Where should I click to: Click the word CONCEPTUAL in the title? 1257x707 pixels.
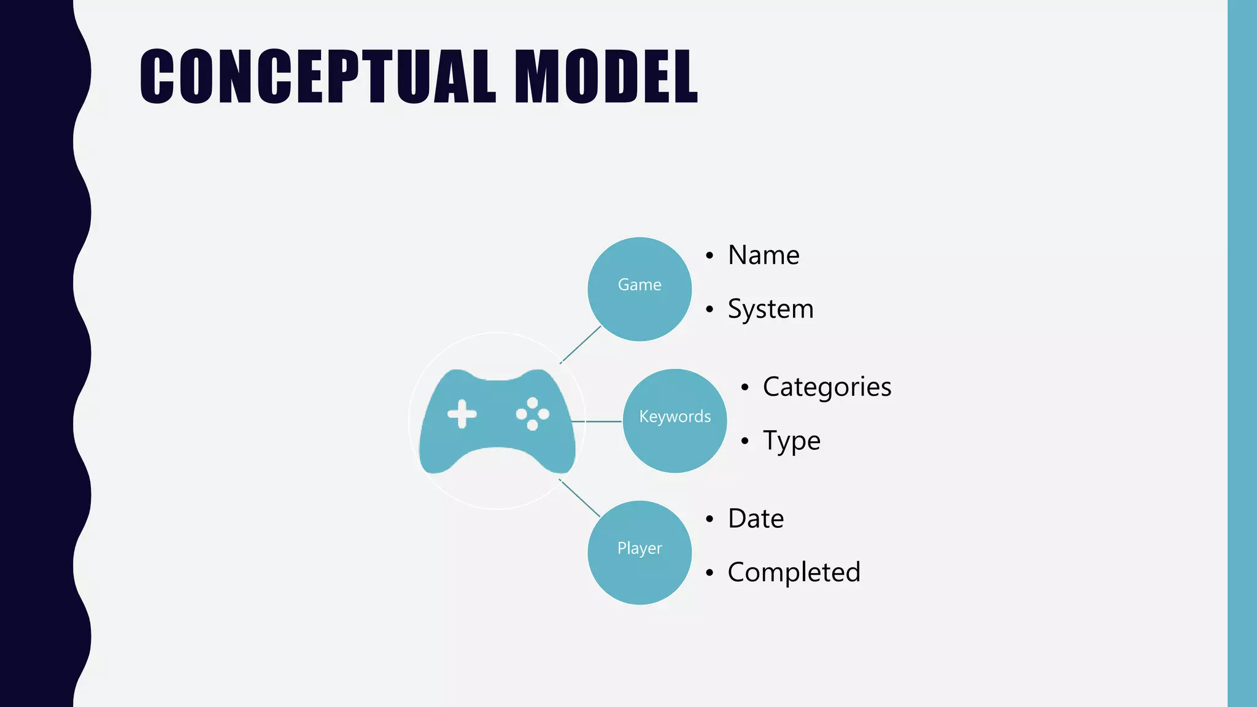318,77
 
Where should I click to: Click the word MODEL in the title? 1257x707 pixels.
606,77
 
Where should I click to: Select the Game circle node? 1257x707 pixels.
640,288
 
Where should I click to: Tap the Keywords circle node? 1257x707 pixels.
675,420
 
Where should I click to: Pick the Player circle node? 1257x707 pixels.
640,552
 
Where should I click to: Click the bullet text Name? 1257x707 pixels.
764,255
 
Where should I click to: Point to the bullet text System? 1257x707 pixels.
770,309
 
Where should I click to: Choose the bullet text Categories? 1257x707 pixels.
827,387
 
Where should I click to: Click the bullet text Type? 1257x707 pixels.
791,441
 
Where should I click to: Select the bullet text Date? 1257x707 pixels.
756,519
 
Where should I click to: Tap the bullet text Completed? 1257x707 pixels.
794,573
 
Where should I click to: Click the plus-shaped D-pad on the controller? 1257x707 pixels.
462,414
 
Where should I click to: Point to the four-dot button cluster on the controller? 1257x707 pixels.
533,414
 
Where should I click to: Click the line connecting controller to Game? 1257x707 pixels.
581,344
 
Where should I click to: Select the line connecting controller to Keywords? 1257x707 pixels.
597,422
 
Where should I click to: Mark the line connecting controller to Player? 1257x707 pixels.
580,498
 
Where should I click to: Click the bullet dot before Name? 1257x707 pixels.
710,256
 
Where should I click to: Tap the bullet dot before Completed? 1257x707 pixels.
710,573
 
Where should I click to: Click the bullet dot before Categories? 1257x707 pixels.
745,388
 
